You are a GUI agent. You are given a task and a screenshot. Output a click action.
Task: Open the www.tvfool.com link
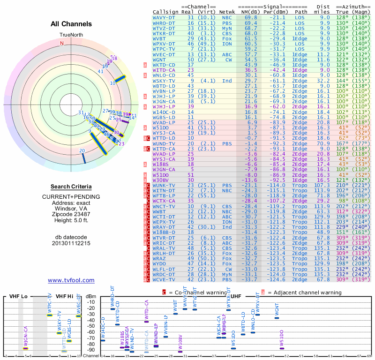click(71, 280)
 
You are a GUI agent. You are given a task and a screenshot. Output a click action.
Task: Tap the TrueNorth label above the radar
click(71, 35)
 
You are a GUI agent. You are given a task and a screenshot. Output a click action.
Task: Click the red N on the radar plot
click(61, 43)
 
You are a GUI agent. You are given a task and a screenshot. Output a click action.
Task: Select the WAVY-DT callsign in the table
click(164, 17)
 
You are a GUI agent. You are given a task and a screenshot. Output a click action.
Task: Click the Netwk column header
click(228, 12)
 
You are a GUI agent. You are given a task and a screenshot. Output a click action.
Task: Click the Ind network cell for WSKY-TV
click(227, 81)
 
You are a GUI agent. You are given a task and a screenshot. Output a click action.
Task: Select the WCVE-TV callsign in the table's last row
click(164, 280)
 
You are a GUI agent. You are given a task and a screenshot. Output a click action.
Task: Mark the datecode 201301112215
click(71, 243)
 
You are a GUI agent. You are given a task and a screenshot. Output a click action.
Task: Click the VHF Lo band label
click(19, 297)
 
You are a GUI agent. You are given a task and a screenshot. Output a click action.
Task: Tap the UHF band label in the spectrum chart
click(236, 297)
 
